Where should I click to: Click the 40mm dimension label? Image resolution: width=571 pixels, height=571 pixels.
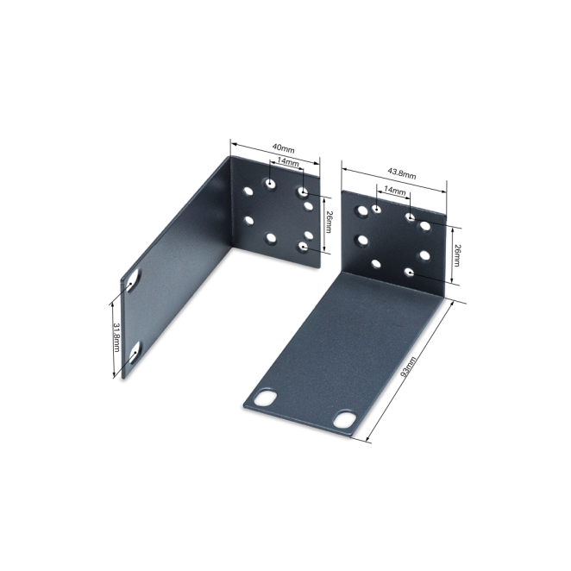(283, 149)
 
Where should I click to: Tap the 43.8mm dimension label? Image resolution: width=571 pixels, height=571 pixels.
(401, 173)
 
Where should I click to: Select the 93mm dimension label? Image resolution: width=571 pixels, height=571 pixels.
(410, 367)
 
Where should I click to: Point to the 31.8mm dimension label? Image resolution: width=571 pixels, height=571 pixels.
(116, 337)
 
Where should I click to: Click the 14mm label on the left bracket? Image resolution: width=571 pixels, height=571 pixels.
(288, 161)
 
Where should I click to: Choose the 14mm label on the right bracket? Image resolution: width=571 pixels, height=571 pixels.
(395, 191)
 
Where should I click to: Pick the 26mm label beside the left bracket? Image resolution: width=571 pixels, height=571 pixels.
(329, 222)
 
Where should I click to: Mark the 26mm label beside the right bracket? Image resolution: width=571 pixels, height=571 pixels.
(456, 255)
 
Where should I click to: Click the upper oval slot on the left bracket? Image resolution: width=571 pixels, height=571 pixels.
(134, 281)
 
